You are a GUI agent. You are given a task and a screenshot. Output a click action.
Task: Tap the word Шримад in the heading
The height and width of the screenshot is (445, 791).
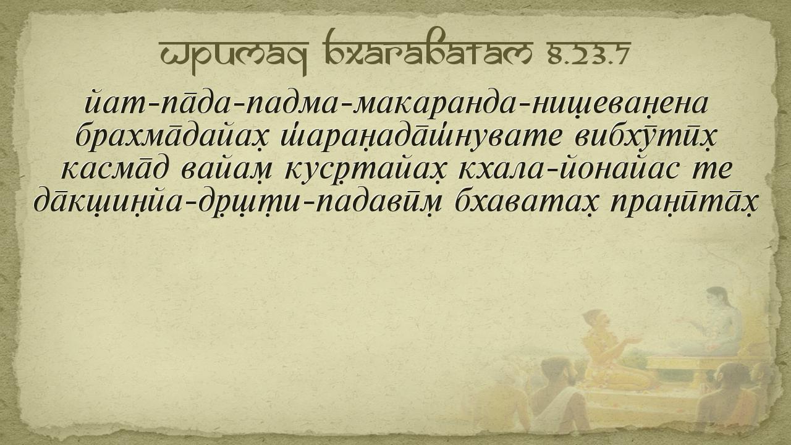[234, 56]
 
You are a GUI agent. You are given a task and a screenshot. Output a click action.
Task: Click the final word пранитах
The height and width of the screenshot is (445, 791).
[683, 203]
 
